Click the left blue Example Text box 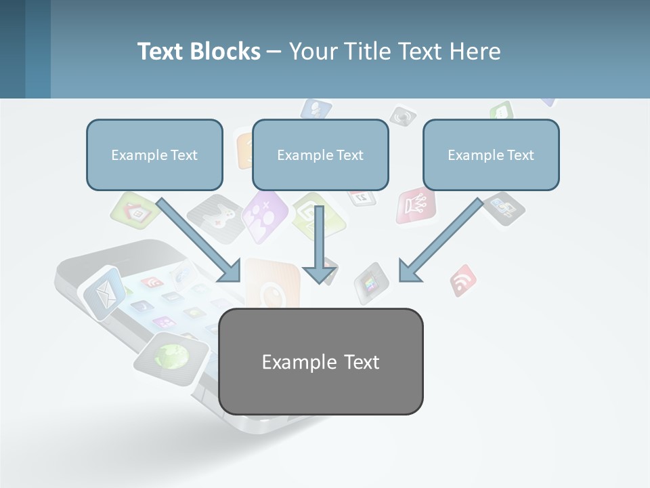click(x=154, y=155)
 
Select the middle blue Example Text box click(x=320, y=155)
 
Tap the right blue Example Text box click(x=491, y=155)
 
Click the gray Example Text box click(x=321, y=361)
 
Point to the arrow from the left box click(x=200, y=239)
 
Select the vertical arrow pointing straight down click(x=320, y=244)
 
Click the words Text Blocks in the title click(x=199, y=52)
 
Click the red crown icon click(x=414, y=204)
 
